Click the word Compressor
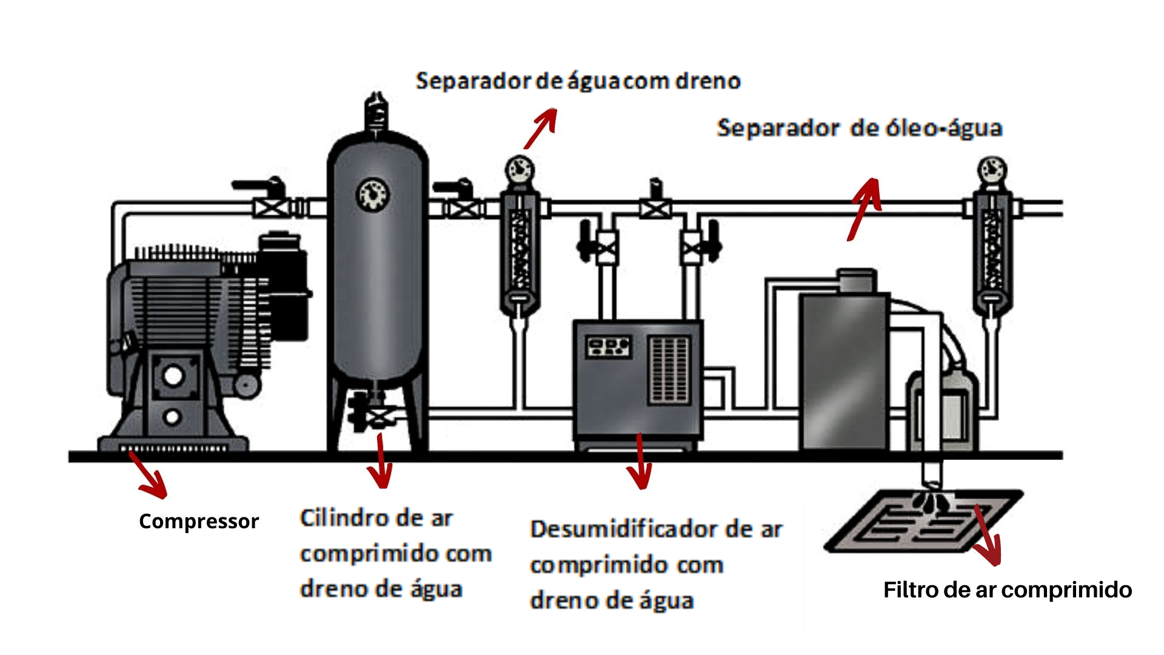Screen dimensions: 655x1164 point(198,521)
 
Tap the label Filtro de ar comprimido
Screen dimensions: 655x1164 point(1007,589)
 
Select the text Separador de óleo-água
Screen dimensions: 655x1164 point(859,128)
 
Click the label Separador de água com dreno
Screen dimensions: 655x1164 point(578,81)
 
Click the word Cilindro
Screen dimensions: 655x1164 point(343,518)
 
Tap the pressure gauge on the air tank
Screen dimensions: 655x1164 point(372,194)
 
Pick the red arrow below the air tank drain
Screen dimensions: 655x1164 point(381,461)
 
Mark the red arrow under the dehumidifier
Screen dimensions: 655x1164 point(640,462)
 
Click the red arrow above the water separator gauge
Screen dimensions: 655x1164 point(540,128)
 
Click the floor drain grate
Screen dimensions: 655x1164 point(921,522)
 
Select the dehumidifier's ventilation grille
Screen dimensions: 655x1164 point(669,370)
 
